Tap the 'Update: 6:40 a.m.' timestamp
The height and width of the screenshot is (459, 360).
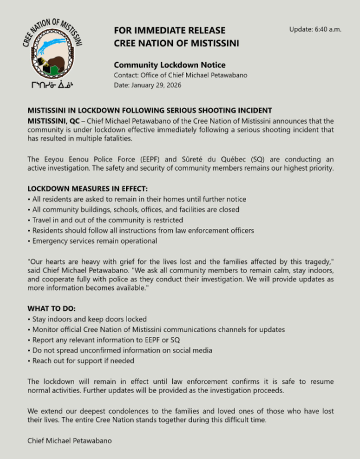pos(315,29)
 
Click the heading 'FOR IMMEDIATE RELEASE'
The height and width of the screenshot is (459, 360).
pos(169,31)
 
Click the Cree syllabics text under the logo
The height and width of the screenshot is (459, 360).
pos(52,85)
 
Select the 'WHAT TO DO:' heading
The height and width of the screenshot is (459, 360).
pos(52,309)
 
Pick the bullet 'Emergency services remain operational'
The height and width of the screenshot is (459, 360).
pos(94,240)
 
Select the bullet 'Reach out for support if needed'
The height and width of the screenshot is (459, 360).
pos(82,360)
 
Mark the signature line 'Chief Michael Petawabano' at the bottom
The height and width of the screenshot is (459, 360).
pos(69,440)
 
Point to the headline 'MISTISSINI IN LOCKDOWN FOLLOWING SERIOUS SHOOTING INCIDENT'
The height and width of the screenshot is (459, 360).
pos(149,111)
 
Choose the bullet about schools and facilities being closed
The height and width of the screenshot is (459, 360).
pos(135,209)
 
